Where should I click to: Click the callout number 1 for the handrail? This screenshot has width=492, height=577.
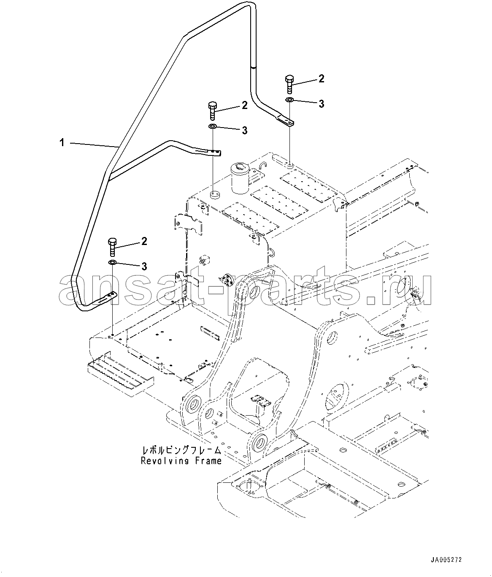(62, 143)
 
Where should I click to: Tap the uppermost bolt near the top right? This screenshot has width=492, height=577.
(289, 84)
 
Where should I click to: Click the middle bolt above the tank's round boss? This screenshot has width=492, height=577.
(213, 111)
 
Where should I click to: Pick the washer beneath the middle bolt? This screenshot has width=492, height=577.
(213, 126)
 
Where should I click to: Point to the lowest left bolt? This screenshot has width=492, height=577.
(112, 247)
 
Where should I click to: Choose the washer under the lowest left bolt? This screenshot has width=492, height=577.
(112, 262)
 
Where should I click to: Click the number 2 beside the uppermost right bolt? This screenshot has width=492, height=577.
(321, 79)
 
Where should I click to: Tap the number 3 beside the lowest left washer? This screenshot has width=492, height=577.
(144, 266)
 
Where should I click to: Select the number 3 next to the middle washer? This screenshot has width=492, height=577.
(245, 131)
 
